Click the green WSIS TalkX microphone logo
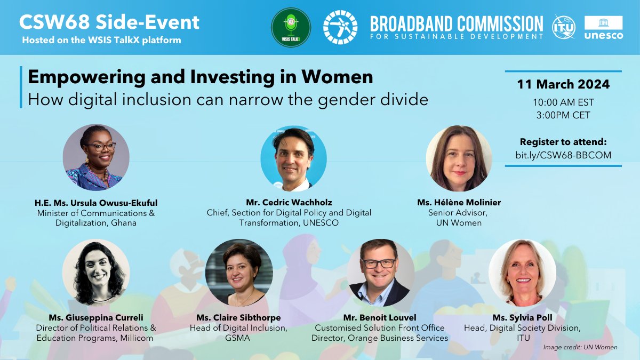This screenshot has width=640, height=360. coord(291,27)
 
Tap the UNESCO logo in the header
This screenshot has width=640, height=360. coord(603,27)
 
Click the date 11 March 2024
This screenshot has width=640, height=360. coord(563,85)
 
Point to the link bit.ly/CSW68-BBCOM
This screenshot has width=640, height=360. coord(563,155)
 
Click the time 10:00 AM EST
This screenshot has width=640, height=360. coord(563,102)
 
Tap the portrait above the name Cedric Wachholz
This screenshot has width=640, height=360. coord(293,158)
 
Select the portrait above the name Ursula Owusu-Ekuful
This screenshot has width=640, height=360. coord(96,158)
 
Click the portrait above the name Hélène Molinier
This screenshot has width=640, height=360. coord(459,158)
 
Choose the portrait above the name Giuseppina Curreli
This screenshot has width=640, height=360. coord(96,272)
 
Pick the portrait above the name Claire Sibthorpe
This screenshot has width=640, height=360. coord(239,272)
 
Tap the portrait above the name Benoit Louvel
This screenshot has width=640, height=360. coord(380,272)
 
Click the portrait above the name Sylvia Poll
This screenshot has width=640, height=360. coord(522,272)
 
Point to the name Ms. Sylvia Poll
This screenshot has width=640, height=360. coord(522,318)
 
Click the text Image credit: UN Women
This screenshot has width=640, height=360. coord(580,347)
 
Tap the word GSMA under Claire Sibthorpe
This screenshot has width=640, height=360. coord(238,338)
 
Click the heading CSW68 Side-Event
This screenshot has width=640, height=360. coord(109,22)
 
